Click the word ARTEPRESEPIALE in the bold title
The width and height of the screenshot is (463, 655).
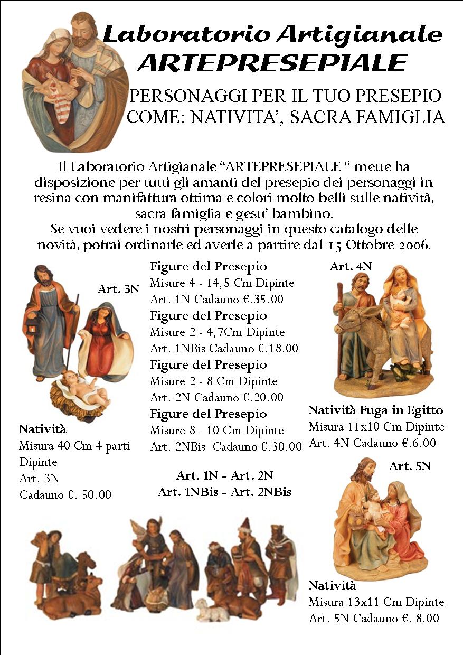(x=272, y=62)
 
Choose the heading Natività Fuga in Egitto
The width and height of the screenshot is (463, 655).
(x=375, y=410)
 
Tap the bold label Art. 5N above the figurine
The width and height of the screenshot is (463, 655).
(x=410, y=466)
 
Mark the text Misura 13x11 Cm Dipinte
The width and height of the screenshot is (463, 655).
(x=376, y=602)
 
